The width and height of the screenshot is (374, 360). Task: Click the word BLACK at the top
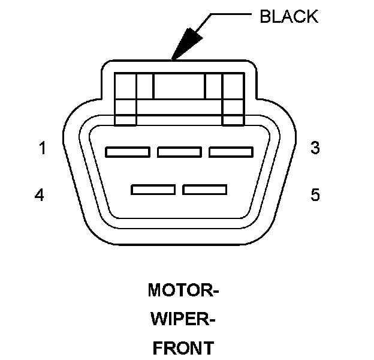point(288,17)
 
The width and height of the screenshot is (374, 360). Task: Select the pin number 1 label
point(43,148)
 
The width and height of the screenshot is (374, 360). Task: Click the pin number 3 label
point(315,148)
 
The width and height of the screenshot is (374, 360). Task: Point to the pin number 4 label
point(40,195)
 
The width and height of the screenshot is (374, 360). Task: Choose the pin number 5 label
point(315,195)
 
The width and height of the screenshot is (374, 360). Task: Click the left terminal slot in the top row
point(127,152)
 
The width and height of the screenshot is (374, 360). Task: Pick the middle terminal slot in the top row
point(179,152)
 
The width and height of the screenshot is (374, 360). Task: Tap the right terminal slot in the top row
point(231,152)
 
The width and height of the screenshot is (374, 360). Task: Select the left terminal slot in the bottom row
point(153,190)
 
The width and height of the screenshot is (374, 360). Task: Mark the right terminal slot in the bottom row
point(205,190)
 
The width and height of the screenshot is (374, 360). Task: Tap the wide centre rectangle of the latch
point(179,86)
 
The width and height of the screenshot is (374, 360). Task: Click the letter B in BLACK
point(265,17)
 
